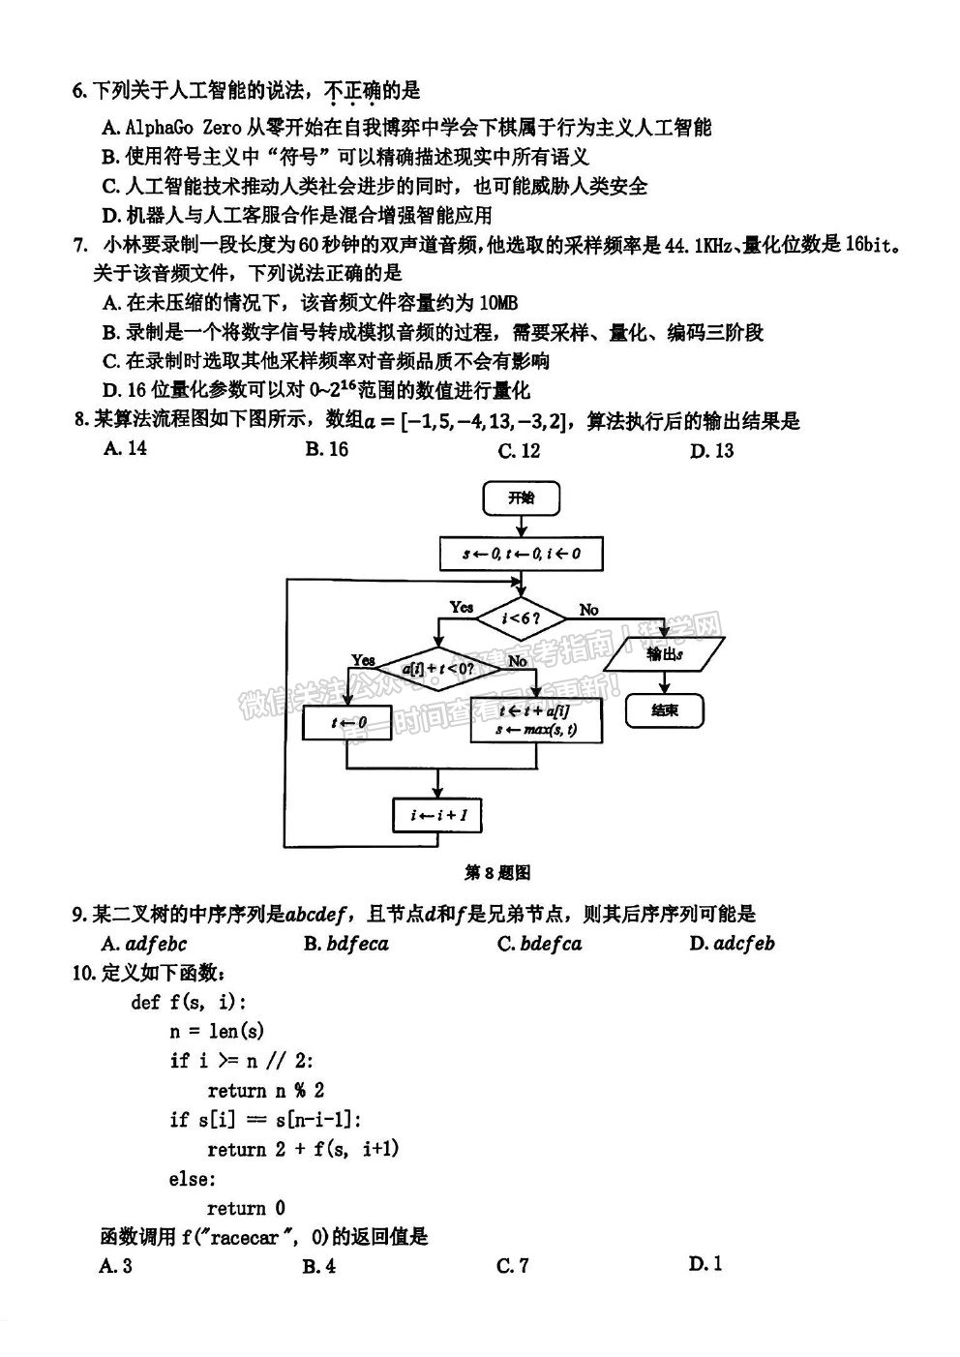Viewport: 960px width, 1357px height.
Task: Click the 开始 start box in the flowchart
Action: [521, 498]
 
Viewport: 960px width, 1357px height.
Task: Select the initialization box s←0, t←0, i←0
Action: [521, 553]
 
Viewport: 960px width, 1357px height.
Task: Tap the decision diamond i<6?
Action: [522, 618]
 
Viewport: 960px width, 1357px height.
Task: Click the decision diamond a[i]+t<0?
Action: [438, 668]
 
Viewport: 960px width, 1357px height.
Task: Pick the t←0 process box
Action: [347, 722]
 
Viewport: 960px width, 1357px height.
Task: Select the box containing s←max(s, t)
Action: [537, 720]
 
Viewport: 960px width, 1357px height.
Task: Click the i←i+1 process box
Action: [438, 815]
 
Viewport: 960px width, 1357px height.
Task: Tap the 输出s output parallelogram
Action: [665, 653]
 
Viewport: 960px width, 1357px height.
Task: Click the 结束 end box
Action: [665, 710]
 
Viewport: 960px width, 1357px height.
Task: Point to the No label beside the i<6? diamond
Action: [588, 610]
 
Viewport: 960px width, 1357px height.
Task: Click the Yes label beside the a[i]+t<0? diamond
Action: [364, 660]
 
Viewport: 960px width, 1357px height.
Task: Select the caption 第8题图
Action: [497, 873]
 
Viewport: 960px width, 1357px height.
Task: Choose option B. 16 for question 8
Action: [327, 449]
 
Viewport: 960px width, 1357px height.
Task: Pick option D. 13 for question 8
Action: [711, 450]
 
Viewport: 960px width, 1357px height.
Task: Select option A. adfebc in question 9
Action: [144, 944]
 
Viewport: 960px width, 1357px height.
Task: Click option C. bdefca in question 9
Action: [540, 944]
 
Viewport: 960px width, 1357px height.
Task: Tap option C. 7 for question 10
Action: [512, 1265]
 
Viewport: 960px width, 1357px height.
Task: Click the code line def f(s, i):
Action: [189, 1002]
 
